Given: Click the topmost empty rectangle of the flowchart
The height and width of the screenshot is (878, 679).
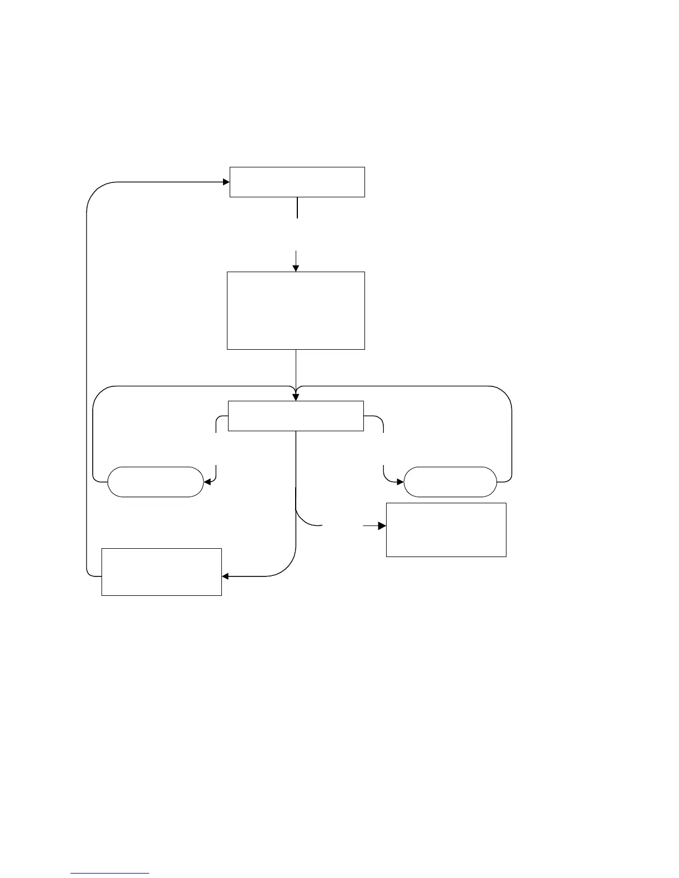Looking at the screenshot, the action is point(297,182).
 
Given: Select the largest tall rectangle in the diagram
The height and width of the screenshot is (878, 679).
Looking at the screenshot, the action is point(296,310).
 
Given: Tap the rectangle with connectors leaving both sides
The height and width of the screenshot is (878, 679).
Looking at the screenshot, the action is point(296,416).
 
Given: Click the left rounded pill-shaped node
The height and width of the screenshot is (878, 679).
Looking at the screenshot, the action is point(155,482).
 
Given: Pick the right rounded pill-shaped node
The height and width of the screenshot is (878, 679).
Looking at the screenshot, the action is point(450,482).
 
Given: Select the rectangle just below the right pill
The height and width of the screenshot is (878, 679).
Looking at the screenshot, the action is point(446,529).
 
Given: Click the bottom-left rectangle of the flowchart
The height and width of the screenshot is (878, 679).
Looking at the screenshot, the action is point(161,572).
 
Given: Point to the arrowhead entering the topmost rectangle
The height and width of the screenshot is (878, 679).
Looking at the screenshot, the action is point(226,182).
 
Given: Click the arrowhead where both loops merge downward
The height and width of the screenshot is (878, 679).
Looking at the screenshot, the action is point(296,397).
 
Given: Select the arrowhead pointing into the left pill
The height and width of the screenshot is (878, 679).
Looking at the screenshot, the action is point(207,482).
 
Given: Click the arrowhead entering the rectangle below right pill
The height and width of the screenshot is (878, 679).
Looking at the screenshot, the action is point(382,525).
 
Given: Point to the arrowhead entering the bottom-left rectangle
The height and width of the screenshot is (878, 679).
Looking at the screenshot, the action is point(225,576).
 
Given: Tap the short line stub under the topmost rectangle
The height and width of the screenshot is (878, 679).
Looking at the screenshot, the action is point(297,208).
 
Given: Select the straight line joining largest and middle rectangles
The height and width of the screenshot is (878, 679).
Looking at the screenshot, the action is point(296,369).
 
